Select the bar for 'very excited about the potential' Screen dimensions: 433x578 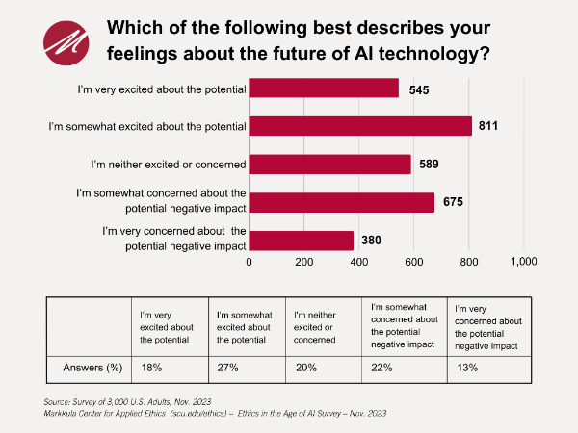(x=324, y=88)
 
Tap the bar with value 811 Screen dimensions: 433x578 (x=360, y=126)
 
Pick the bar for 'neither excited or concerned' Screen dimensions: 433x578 (x=330, y=164)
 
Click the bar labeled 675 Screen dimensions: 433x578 (x=342, y=202)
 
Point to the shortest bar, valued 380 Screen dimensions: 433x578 (x=302, y=240)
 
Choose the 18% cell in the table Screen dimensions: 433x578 (x=150, y=367)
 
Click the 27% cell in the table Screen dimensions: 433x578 (x=226, y=367)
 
